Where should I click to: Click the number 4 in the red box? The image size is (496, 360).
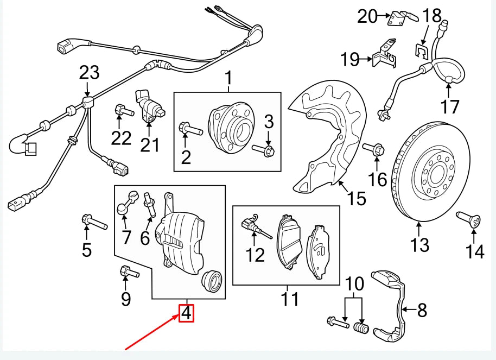click(187, 313)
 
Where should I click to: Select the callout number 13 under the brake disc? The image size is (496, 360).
click(419, 245)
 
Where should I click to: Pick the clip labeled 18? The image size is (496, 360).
click(421, 52)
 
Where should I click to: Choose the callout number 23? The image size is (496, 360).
click(90, 72)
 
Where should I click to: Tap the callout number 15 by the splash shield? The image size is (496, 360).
click(356, 199)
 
